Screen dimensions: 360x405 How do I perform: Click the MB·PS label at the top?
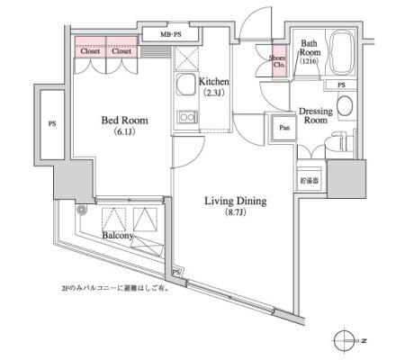170,35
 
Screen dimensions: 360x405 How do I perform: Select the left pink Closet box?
90,51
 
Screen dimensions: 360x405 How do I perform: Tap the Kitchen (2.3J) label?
217,86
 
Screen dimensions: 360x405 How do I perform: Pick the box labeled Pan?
284,128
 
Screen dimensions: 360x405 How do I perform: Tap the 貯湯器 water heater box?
310,178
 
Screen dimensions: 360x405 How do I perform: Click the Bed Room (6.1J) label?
124,126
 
